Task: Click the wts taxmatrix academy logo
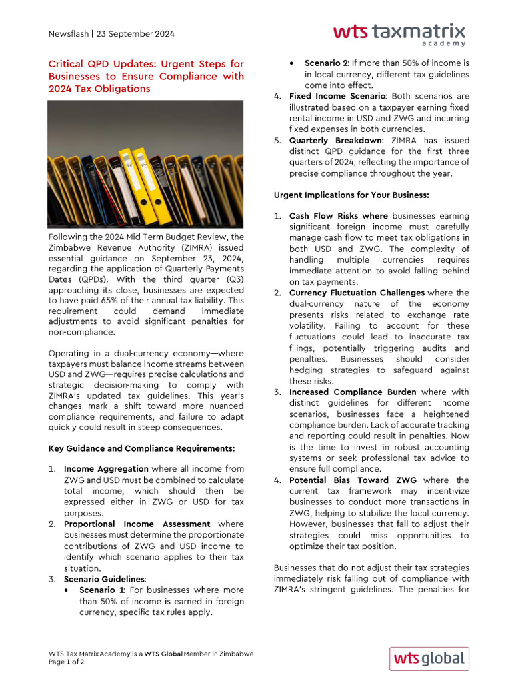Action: point(399,34)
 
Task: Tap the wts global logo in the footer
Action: point(429,658)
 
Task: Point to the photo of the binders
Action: point(146,164)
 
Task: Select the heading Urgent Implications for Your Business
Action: point(351,195)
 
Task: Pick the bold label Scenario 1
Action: point(101,590)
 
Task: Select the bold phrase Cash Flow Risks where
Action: point(338,217)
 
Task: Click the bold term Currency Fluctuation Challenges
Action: point(357,293)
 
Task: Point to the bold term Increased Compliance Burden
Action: point(353,392)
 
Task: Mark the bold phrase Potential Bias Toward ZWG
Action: point(353,480)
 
